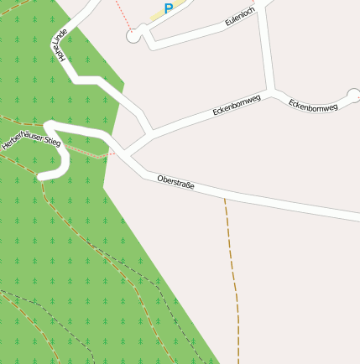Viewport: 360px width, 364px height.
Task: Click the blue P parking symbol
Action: [x=169, y=9]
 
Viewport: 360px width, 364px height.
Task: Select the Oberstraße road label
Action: [x=175, y=181]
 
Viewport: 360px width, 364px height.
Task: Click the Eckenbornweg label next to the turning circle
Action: [x=312, y=106]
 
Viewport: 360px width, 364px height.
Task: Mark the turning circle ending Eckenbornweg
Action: [x=352, y=96]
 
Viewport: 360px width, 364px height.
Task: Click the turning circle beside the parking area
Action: [x=133, y=36]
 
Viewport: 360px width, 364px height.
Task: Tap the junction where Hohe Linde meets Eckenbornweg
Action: [x=151, y=132]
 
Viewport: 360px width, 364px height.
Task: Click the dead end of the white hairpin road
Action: [x=42, y=175]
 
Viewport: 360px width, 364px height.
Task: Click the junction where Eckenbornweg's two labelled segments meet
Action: [x=271, y=91]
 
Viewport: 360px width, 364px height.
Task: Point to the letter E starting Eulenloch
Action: [x=227, y=28]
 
